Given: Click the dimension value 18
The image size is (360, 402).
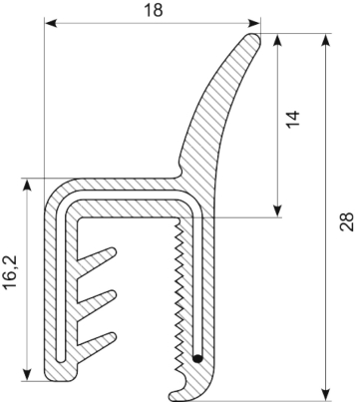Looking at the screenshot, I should click(154, 11).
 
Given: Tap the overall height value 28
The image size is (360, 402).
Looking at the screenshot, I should click(344, 220).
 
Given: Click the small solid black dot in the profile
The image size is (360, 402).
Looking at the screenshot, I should click(197, 355).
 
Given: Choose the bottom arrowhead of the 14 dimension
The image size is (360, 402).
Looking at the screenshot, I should click(274, 211).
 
